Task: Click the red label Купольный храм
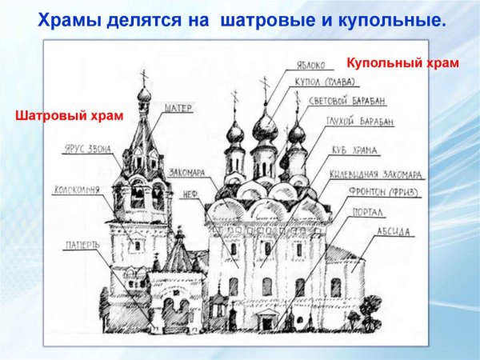tap(402, 62)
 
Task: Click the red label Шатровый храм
tap(70, 116)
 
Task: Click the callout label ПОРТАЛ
tap(370, 214)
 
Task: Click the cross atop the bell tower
tap(144, 78)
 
